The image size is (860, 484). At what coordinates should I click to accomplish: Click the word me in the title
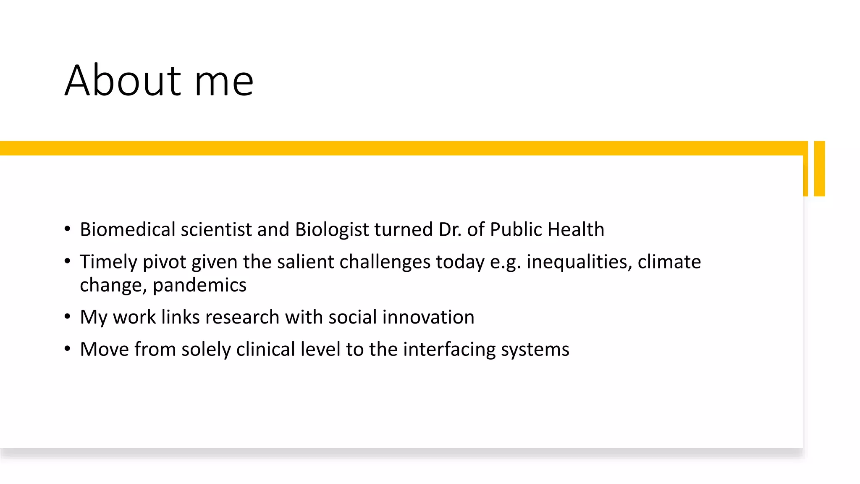click(x=224, y=80)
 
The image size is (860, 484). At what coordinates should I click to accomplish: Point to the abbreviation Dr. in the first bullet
click(x=450, y=229)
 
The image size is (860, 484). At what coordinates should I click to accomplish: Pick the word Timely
click(x=109, y=262)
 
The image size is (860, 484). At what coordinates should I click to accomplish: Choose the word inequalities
click(x=579, y=262)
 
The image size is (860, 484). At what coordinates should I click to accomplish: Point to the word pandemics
click(x=199, y=285)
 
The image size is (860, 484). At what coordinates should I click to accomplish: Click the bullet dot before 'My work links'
click(x=67, y=317)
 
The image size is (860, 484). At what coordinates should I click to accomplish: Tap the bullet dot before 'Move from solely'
click(x=67, y=349)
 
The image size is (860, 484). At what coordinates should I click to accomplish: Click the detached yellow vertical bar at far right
click(x=819, y=168)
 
